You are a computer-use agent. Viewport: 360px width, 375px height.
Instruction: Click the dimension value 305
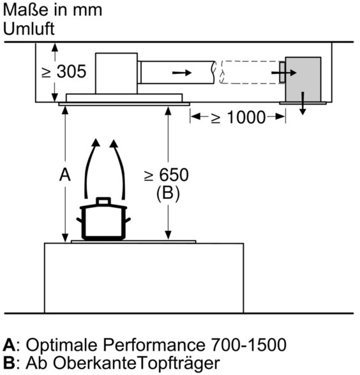pyautogui.click(x=71, y=71)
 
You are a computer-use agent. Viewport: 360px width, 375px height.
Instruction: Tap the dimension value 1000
pyautogui.click(x=246, y=117)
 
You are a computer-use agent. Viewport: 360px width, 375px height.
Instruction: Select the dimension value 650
pyautogui.click(x=174, y=175)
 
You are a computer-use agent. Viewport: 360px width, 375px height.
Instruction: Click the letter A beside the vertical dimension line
pyautogui.click(x=65, y=175)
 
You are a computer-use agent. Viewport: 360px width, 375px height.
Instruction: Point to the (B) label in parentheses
pyautogui.click(x=168, y=193)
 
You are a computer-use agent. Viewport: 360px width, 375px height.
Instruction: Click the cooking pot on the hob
pyautogui.click(x=103, y=219)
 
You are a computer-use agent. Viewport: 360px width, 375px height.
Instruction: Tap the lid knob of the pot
pyautogui.click(x=103, y=201)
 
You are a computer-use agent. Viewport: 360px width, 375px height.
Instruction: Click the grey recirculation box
pyautogui.click(x=303, y=79)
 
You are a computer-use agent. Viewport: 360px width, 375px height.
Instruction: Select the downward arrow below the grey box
pyautogui.click(x=303, y=103)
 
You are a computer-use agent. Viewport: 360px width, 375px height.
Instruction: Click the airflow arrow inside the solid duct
pyautogui.click(x=182, y=72)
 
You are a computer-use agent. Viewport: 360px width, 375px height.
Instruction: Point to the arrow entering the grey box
pyautogui.click(x=284, y=73)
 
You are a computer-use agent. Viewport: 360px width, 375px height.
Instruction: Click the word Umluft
pyautogui.click(x=29, y=29)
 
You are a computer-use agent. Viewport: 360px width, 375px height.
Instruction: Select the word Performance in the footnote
pyautogui.click(x=154, y=345)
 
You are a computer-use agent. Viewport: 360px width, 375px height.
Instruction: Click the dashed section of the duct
pyautogui.click(x=250, y=72)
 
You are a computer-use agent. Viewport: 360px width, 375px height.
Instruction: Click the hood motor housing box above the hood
pyautogui.click(x=116, y=73)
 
